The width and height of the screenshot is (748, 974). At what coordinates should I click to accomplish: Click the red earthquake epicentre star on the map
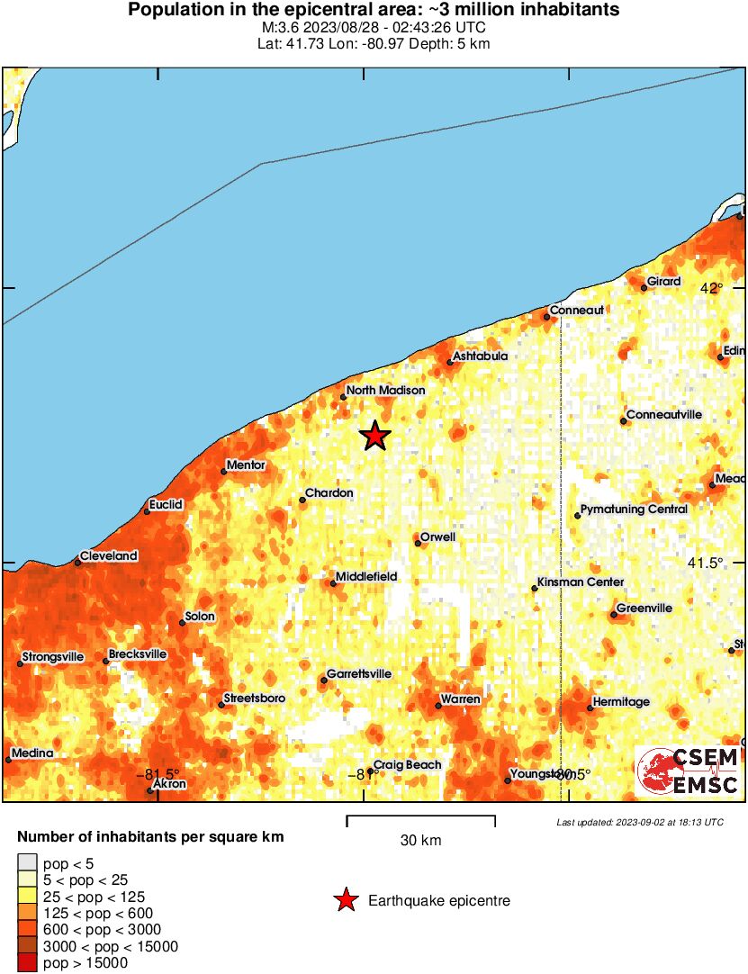pyautogui.click(x=375, y=437)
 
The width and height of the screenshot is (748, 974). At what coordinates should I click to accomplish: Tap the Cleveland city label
pyautogui.click(x=109, y=556)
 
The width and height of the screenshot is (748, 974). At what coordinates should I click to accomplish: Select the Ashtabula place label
pyautogui.click(x=480, y=356)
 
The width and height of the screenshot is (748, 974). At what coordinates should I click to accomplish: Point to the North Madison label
pyautogui.click(x=386, y=391)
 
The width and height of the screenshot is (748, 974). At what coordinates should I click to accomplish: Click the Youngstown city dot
pyautogui.click(x=508, y=780)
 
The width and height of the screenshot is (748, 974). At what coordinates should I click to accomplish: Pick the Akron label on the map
pyautogui.click(x=170, y=784)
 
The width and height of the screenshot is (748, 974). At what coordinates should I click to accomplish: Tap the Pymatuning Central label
pyautogui.click(x=634, y=510)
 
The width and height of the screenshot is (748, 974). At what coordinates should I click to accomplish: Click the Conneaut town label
pyautogui.click(x=577, y=311)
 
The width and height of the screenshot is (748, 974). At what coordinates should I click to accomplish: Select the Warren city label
pyautogui.click(x=460, y=699)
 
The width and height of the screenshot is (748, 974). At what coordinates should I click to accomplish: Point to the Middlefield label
pyautogui.click(x=366, y=577)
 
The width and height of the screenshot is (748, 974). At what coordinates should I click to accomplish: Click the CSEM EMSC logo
pyautogui.click(x=688, y=771)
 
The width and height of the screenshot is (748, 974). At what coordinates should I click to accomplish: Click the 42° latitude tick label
pyautogui.click(x=712, y=288)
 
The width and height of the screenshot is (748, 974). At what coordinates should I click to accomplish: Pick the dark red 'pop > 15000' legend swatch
pyautogui.click(x=27, y=963)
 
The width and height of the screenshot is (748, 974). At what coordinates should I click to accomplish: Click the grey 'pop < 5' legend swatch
pyautogui.click(x=27, y=864)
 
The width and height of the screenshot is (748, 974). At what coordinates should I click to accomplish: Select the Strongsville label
pyautogui.click(x=53, y=657)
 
